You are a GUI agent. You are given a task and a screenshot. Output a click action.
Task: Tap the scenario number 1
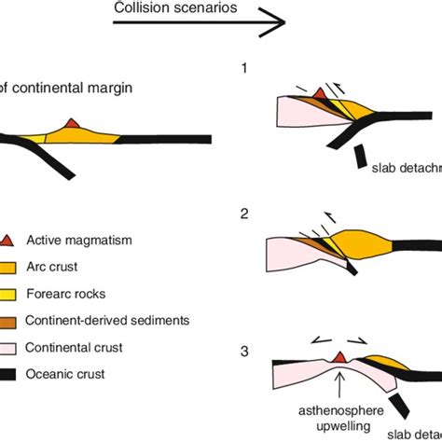[x=244, y=68]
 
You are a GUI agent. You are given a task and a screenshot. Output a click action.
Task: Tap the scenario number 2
[x=244, y=214]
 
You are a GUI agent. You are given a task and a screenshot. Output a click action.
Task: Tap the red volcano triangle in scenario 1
[x=319, y=92]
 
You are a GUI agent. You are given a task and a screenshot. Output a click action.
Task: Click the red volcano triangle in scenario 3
[x=341, y=357]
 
